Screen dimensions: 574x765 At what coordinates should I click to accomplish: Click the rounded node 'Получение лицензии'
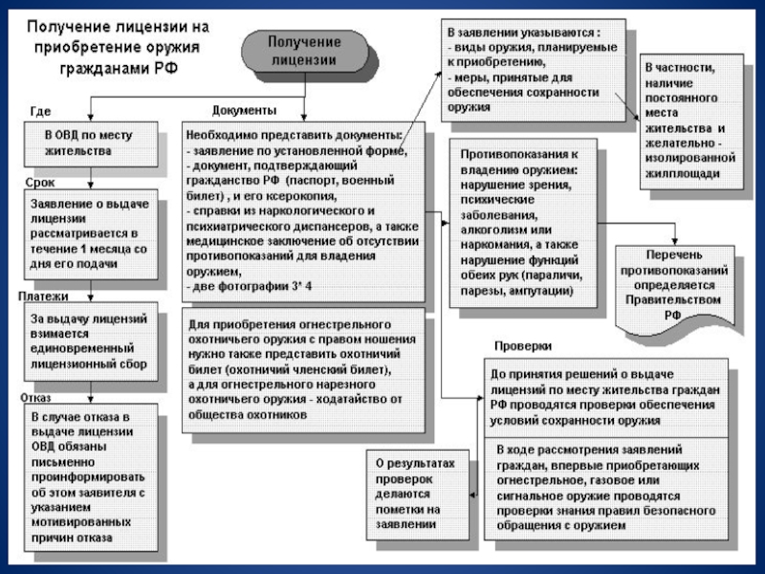click(x=302, y=52)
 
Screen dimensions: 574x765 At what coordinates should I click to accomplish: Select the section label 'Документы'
click(x=244, y=111)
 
